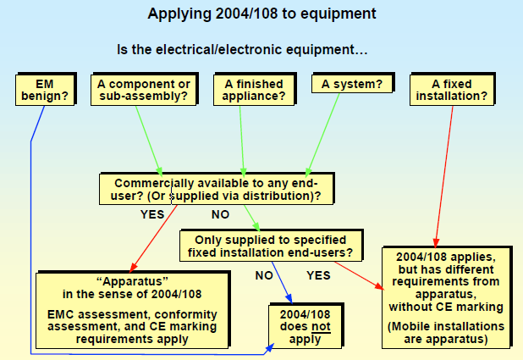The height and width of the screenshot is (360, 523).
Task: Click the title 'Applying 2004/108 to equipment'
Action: coord(261,14)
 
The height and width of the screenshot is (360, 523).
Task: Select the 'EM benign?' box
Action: coord(45,90)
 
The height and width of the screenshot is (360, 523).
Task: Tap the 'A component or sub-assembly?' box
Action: coord(144,90)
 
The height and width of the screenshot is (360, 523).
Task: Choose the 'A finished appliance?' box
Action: coord(254,90)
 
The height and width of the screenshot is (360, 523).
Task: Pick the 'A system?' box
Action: coord(352,84)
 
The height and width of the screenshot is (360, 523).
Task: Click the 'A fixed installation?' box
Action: coord(452,90)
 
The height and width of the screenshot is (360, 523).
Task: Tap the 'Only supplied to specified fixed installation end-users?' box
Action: coord(271,246)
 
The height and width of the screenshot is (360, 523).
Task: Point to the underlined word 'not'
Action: coord(321,326)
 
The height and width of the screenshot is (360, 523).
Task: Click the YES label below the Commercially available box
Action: coord(152,214)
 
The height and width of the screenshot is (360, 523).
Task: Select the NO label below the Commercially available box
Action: coord(221,214)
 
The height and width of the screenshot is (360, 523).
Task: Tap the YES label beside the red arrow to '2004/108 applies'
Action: coord(318,275)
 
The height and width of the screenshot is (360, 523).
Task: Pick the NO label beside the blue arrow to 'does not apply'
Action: coord(264,275)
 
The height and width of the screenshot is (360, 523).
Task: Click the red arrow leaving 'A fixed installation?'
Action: coord(444,177)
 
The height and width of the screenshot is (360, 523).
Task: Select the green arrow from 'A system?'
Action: coord(322,135)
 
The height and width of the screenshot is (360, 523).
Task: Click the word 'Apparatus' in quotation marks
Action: coord(132,281)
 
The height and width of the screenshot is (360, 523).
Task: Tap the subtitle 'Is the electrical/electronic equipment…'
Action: coord(242,50)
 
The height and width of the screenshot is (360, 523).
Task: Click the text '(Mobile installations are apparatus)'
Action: coord(446,333)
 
